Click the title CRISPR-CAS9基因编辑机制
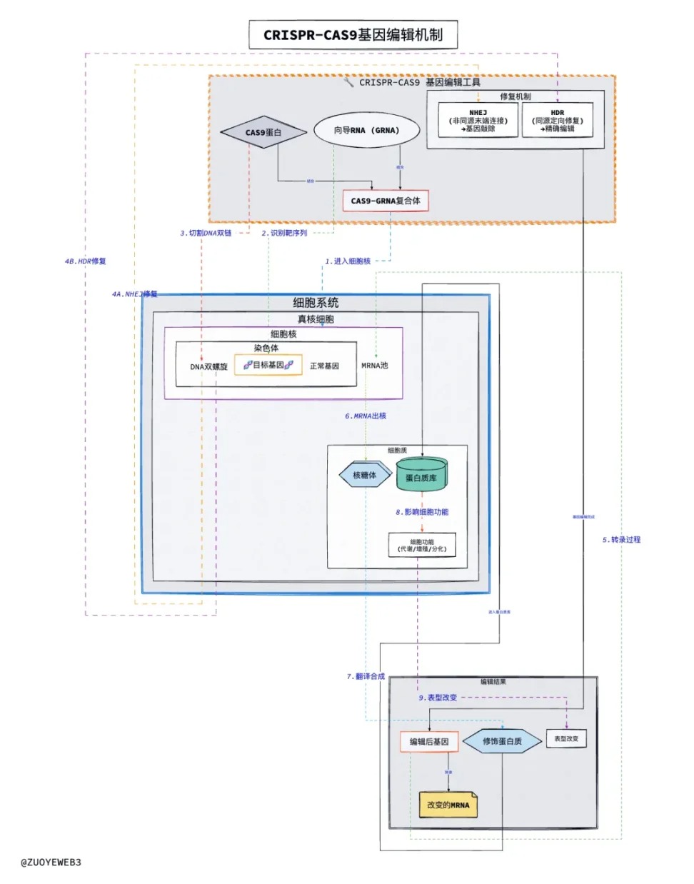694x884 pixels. point(353,34)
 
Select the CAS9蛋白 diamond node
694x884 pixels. point(263,132)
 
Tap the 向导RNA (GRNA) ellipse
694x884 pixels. point(366,130)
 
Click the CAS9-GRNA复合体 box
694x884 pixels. point(386,201)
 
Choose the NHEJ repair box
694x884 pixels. point(478,121)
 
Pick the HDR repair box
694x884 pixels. point(558,121)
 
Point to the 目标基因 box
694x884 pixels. point(268,365)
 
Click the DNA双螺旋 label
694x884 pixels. point(208,366)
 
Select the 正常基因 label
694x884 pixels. point(324,366)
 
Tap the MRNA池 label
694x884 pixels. point(375,365)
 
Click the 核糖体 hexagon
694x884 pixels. point(364,475)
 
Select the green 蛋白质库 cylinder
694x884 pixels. point(421,476)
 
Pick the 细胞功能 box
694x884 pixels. point(422,545)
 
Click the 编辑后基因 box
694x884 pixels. point(429,742)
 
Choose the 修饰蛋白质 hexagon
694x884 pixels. point(502,741)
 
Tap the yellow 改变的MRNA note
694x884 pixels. point(448,805)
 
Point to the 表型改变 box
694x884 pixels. point(566,738)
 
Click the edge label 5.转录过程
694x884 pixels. point(621,540)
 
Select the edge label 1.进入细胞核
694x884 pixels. point(348,261)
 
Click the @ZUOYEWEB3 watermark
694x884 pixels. point(51,862)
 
